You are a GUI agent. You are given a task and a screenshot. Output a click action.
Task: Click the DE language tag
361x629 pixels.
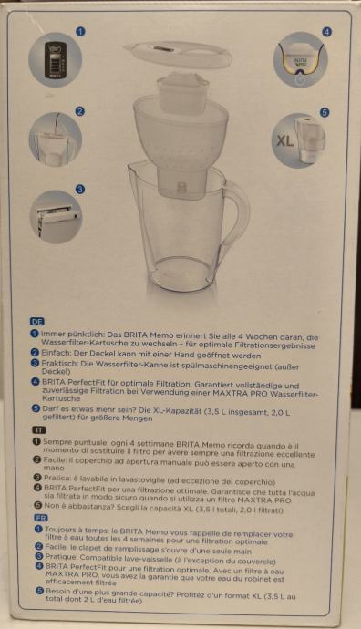coord(36,321)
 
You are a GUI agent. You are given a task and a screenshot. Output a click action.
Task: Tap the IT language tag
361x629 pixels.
coord(39,430)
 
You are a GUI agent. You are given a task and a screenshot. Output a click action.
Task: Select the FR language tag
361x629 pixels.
coord(41,518)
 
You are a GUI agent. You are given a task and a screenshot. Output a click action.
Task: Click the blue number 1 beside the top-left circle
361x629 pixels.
coord(80,31)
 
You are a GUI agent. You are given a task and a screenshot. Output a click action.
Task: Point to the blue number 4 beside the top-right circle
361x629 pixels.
coord(327,32)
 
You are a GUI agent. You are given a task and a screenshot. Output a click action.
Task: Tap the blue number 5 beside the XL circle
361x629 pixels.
coord(325,112)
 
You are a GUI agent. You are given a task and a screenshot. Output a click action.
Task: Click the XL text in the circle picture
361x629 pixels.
coord(284,140)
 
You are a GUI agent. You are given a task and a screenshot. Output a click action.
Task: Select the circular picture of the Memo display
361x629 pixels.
coord(56,60)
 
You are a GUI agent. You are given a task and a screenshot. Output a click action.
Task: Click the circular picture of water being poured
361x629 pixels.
coord(56,139)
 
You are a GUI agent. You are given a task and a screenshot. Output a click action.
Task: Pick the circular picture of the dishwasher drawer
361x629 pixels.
coord(56,217)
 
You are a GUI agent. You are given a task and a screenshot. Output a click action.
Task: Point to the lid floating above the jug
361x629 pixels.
coord(178,54)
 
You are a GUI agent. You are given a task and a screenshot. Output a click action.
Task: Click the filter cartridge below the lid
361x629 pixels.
coord(183,93)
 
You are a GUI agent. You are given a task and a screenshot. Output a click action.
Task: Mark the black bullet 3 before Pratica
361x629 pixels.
coord(37,478)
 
